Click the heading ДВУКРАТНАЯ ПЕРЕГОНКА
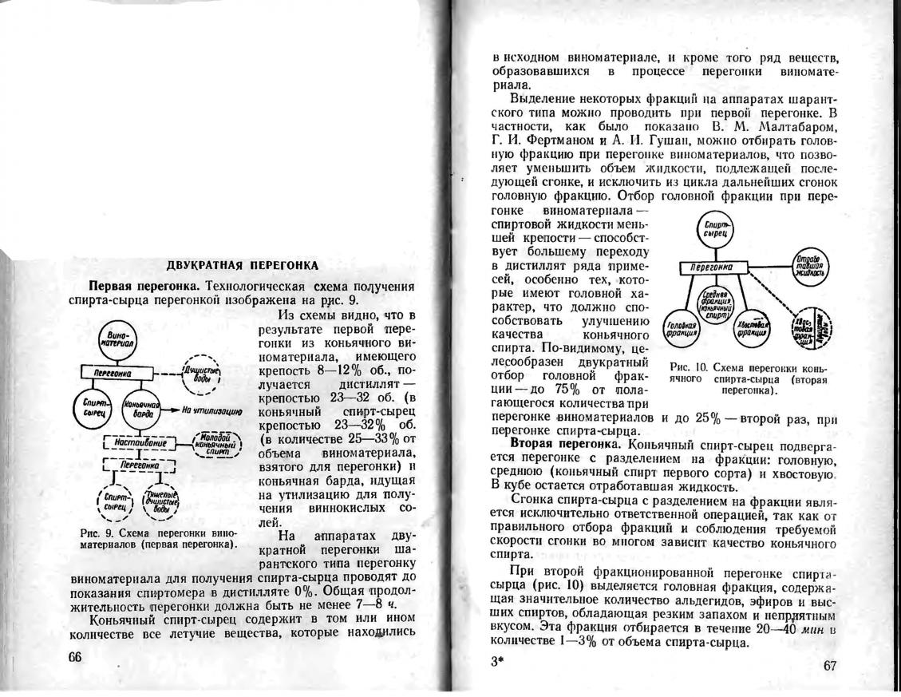pyautogui.click(x=243, y=265)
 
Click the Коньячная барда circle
pyautogui.click(x=140, y=410)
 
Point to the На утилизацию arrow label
pyautogui.click(x=212, y=410)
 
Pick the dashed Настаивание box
pyautogui.click(x=140, y=442)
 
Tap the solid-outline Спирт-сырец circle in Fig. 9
pyautogui.click(x=93, y=409)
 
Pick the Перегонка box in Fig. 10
pyautogui.click(x=713, y=267)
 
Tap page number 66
pyautogui.click(x=76, y=656)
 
